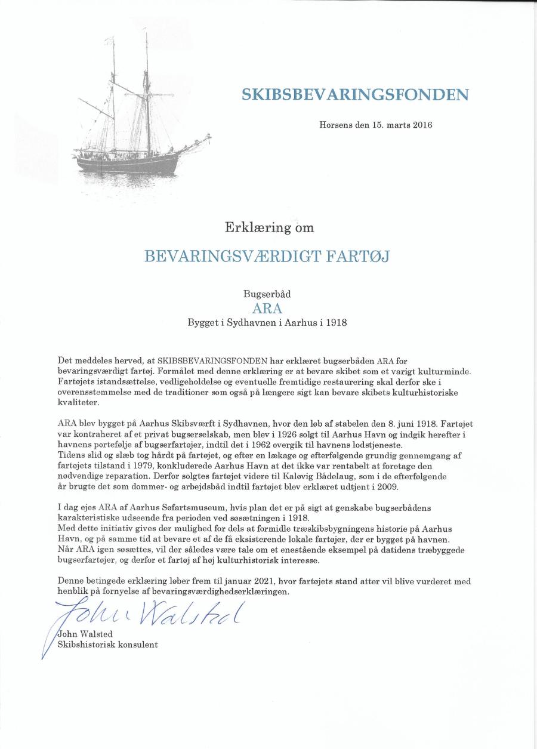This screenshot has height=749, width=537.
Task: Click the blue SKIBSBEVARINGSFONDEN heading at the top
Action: coord(355,95)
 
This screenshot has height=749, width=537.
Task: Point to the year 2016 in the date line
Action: coord(421,125)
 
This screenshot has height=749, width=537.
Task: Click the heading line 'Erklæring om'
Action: coord(269,227)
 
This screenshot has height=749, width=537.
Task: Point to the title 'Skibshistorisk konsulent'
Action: coord(107,645)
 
